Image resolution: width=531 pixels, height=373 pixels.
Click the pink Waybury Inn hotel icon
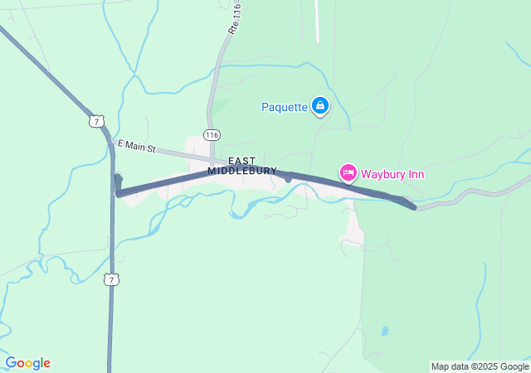click(348, 172)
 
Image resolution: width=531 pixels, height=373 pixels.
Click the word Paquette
click(284, 106)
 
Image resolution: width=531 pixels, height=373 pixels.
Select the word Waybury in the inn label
click(382, 174)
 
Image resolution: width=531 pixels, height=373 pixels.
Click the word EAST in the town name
click(242, 160)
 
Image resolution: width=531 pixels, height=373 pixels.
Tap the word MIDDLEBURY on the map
click(242, 171)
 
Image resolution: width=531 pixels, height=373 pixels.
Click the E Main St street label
click(139, 146)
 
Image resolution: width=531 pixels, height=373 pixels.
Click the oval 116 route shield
click(212, 134)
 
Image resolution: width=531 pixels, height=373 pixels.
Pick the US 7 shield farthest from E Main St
click(111, 279)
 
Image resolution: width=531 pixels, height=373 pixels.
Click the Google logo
click(27, 363)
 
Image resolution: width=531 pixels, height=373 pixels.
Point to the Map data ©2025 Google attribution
click(480, 366)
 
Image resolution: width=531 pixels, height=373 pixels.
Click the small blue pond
click(384, 331)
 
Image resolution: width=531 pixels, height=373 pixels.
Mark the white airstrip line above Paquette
click(316, 21)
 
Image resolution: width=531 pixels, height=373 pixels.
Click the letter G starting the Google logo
click(11, 363)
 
